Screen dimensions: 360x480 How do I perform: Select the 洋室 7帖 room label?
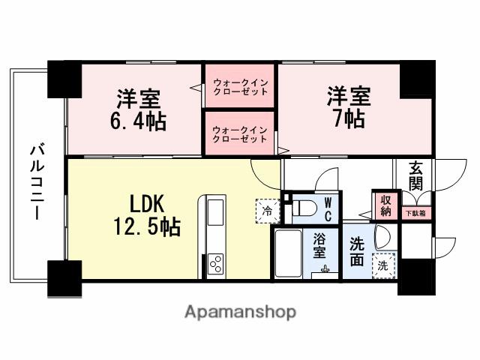pos(346,108)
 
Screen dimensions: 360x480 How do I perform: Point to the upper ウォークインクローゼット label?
pos(240,86)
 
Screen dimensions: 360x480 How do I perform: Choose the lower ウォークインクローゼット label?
pos(240,133)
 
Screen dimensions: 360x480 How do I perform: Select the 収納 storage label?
pos(385,205)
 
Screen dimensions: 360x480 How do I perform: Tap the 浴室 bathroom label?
pos(320,247)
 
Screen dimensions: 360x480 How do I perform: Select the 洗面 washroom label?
pos(356,252)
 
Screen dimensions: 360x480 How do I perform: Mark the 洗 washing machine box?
pos(382,265)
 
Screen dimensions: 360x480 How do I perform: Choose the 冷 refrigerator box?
pos(267,211)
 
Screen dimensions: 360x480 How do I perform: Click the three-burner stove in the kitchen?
pos(214,265)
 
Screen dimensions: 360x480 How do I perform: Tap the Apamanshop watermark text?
pos(240,311)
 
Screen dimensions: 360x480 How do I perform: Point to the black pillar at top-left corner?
pos(64,76)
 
